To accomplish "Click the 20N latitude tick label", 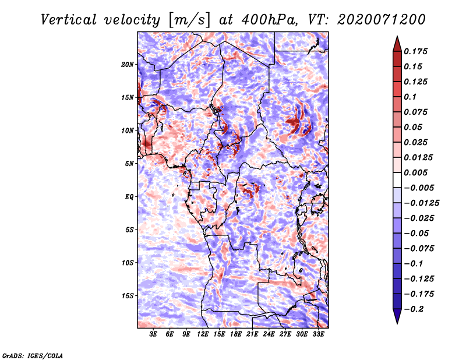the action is pyautogui.click(x=127, y=65).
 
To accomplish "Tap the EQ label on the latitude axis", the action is pyautogui.click(x=129, y=197).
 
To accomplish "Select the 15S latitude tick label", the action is pyautogui.click(x=127, y=296).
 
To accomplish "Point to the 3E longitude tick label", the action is pyautogui.click(x=153, y=334).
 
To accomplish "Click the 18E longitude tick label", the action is pyautogui.click(x=236, y=334).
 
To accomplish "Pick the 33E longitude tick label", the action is pyautogui.click(x=318, y=334).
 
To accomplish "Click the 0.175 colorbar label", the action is pyautogui.click(x=415, y=51).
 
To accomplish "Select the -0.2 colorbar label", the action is pyautogui.click(x=414, y=309).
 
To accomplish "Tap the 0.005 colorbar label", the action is pyautogui.click(x=415, y=172).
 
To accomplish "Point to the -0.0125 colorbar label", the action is pyautogui.click(x=421, y=203).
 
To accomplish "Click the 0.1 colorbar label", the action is pyautogui.click(x=410, y=97).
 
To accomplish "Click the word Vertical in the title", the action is pyautogui.click(x=69, y=20).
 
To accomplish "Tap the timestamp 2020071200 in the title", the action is pyautogui.click(x=382, y=20).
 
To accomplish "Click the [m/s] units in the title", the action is pyautogui.click(x=189, y=20).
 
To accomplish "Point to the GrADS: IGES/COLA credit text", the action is pyautogui.click(x=33, y=355).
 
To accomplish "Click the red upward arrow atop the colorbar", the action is pyautogui.click(x=397, y=44).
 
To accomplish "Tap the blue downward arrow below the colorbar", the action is pyautogui.click(x=397, y=316).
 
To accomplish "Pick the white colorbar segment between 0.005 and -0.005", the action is pyautogui.click(x=397, y=180).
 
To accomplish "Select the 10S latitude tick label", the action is pyautogui.click(x=127, y=263).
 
